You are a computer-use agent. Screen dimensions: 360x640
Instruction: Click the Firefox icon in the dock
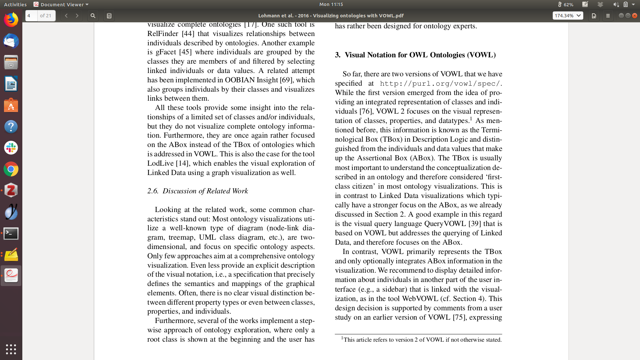11,20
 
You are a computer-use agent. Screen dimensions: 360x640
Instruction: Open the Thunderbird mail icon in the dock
11,41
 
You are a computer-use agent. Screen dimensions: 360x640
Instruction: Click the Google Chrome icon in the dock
11,169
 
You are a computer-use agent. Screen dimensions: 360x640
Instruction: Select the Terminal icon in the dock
11,233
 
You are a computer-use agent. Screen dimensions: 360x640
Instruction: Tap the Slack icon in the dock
11,148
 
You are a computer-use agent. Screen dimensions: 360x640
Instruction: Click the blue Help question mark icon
11,127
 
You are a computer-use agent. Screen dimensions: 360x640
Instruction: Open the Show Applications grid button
11,349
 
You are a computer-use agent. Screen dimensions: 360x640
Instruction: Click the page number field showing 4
31,16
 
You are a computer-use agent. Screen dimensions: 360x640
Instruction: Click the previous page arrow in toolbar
66,16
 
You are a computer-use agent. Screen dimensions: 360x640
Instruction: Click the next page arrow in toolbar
77,16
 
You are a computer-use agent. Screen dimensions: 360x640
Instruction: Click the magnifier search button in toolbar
93,16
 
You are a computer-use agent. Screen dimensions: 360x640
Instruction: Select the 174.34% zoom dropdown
568,16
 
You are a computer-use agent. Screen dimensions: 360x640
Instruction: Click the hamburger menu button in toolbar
608,16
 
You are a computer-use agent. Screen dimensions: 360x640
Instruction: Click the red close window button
635,16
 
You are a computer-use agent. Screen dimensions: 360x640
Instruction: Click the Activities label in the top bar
15,4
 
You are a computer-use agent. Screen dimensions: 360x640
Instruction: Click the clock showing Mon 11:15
331,4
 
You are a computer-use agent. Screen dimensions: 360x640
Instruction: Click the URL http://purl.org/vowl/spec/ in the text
440,84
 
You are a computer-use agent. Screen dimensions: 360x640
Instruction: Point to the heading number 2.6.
153,191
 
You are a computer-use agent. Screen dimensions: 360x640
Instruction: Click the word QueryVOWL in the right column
445,224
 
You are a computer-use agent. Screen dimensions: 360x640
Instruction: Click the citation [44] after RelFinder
188,34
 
